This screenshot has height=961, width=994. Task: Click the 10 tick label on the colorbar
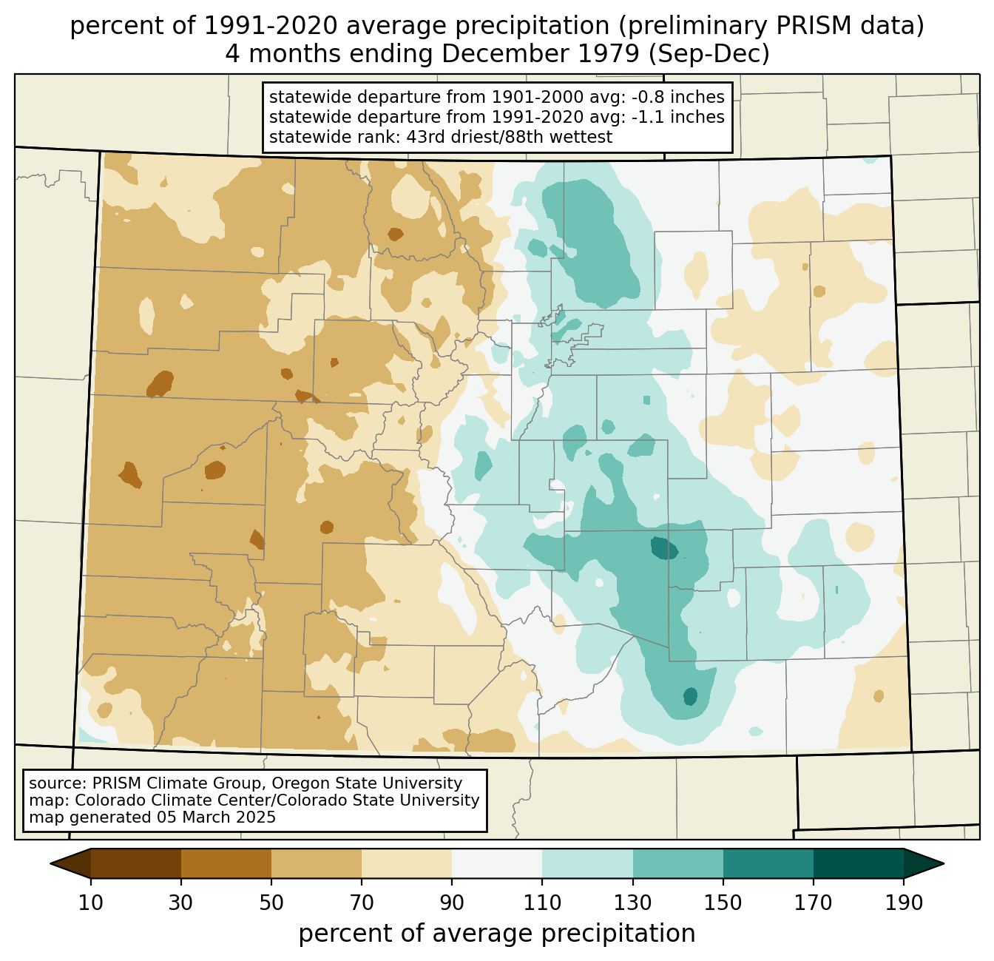pos(90,903)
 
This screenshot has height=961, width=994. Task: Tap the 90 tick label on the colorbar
pos(452,903)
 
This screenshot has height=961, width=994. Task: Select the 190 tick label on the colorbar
pos(904,903)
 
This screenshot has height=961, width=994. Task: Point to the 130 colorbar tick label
pos(632,903)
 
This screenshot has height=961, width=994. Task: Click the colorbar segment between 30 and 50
pos(226,863)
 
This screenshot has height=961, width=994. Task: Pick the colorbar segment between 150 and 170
pos(768,863)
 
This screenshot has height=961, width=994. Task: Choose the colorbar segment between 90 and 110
pos(497,863)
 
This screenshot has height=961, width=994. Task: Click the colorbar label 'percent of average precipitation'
pos(496,933)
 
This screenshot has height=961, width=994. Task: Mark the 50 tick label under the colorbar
pos(271,903)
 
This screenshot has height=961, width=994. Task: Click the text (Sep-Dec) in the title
pos(709,54)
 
